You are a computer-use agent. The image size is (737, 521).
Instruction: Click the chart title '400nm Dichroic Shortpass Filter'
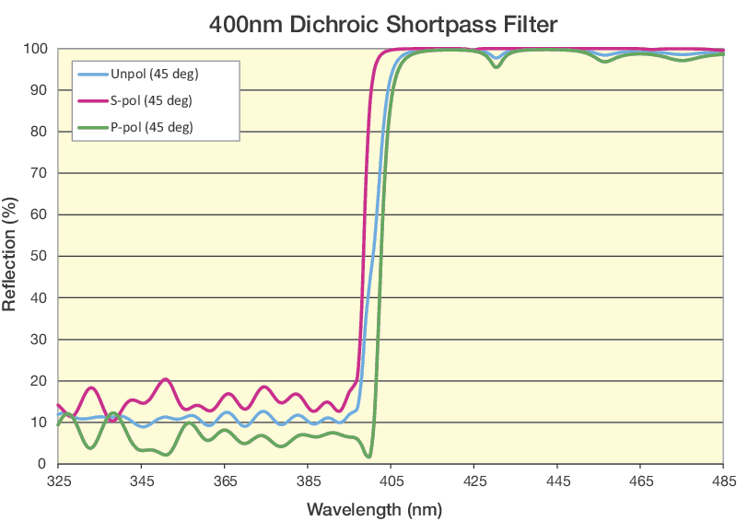click(383, 21)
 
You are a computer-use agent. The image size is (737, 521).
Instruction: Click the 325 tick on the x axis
click(57, 481)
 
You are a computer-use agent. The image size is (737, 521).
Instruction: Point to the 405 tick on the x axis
click(391, 481)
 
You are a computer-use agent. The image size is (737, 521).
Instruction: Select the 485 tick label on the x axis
click(723, 481)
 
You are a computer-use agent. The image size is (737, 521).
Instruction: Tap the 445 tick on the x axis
click(557, 481)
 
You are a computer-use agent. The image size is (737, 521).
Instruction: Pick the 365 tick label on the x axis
click(224, 481)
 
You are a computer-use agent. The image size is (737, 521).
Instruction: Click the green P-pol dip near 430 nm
click(497, 66)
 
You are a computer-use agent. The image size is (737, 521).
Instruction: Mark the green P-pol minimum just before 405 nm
click(368, 457)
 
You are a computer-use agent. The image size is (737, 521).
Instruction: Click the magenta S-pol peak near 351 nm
click(166, 379)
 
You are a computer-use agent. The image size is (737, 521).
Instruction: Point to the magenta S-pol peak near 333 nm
click(91, 388)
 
